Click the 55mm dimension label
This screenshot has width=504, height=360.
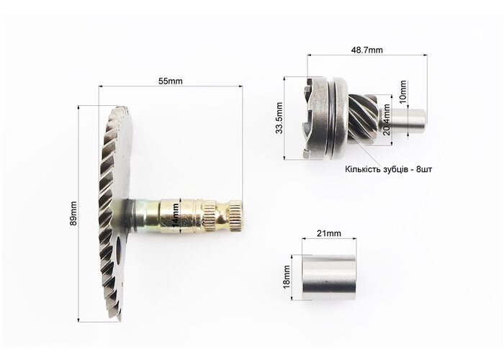tap(170, 81)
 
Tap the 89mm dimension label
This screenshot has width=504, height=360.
tap(73, 213)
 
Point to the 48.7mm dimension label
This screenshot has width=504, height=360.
tap(366, 50)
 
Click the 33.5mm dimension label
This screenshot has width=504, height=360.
tap(279, 118)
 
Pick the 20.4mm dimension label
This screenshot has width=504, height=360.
tap(386, 120)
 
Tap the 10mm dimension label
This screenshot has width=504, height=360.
tap(402, 91)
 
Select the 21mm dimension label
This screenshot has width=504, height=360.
tap(329, 233)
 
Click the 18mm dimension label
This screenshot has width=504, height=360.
tap(287, 277)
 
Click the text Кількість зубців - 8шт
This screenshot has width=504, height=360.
tap(388, 169)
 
